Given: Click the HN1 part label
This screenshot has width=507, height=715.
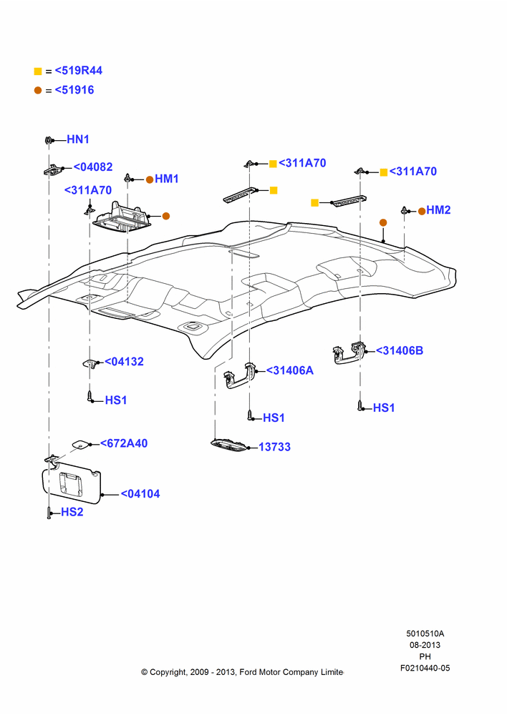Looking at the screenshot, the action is pos(78,139).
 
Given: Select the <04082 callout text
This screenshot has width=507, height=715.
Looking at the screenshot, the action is pos(93,167).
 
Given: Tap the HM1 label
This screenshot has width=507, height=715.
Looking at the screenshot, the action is pos(167,179).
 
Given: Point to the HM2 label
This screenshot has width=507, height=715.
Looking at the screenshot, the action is pos(438,209).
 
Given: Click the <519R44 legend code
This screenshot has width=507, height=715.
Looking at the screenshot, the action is pos(79,71).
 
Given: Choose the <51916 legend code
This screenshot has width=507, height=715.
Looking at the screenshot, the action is pos(74,90).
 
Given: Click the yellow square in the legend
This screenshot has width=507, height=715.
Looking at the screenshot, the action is pos(38,71).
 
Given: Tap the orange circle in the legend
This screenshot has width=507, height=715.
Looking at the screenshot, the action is pos(38,90).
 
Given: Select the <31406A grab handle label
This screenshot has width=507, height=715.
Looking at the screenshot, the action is pos(290,370).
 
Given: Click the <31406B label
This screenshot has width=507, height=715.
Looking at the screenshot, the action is pos(400,350).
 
